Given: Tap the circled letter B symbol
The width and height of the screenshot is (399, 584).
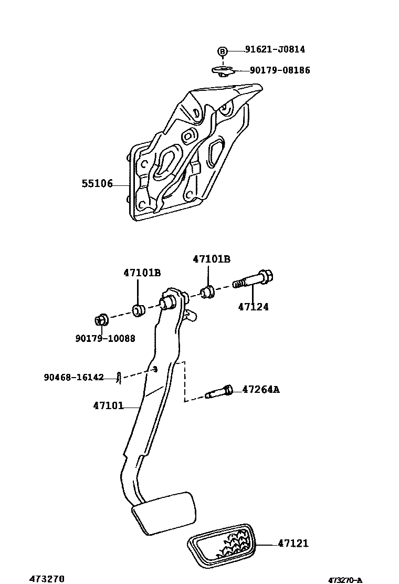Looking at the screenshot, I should point(223,51).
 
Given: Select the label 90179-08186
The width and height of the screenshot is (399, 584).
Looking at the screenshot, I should point(279,70).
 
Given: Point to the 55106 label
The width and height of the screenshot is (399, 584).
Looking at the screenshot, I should point(97,184).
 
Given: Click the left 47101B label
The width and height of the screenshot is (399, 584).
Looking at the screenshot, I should point(142,273).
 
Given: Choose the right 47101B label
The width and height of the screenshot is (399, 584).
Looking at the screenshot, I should point(211,259).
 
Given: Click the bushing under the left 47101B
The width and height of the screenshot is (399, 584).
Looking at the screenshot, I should point(139,310).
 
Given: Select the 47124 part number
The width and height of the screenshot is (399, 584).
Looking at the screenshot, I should point(253,307).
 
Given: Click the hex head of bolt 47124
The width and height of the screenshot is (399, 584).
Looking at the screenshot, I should point(267,276).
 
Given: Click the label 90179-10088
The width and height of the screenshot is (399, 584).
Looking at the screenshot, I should point(105,339).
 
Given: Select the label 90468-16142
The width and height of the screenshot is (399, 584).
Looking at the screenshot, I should point(73,377).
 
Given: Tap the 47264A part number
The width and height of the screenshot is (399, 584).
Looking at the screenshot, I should point(261,390).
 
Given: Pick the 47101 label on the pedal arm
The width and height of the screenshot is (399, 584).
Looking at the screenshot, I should point(109,405).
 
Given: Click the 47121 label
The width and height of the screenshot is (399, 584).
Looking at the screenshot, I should point(293,544).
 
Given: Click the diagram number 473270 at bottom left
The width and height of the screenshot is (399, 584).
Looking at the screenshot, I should point(47,579).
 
